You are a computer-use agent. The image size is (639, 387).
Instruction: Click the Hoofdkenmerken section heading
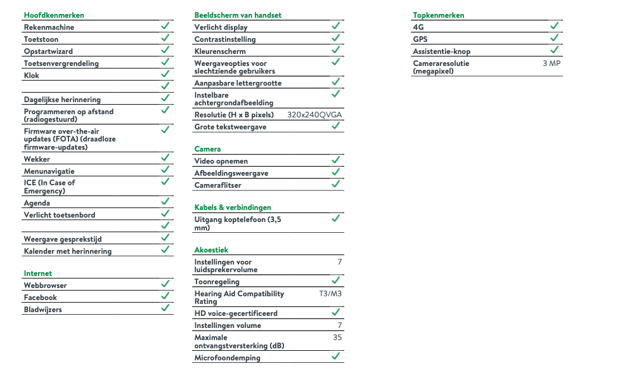click(x=54, y=15)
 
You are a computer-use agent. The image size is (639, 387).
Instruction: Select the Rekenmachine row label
click(x=49, y=27)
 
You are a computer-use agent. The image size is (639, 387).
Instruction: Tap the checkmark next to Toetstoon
click(x=165, y=38)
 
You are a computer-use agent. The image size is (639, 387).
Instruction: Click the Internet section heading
click(x=38, y=273)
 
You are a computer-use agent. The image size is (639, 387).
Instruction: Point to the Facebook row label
click(x=41, y=298)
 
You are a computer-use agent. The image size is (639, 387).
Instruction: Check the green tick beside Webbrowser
click(x=165, y=284)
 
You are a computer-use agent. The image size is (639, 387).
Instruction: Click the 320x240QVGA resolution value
click(x=314, y=115)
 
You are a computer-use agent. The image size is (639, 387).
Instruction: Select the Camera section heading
click(x=207, y=149)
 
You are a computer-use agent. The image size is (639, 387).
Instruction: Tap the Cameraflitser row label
click(x=217, y=185)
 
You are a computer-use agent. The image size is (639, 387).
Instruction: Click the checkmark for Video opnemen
click(x=336, y=160)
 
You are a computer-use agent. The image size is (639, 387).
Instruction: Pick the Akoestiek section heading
click(x=211, y=250)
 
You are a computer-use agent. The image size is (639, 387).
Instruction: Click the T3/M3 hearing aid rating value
click(x=330, y=294)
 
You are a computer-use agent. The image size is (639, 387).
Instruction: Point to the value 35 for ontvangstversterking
click(x=337, y=338)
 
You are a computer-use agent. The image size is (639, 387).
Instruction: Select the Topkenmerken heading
click(x=439, y=15)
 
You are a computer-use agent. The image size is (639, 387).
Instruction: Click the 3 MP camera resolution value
click(x=552, y=63)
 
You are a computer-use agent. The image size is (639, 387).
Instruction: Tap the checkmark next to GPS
click(x=554, y=38)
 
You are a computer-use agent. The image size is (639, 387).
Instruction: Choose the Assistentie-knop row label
click(x=442, y=51)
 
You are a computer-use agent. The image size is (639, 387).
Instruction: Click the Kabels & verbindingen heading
click(x=233, y=207)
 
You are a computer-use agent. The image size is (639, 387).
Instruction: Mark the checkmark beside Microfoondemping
click(x=336, y=357)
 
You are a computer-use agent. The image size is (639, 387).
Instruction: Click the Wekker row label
click(x=37, y=159)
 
